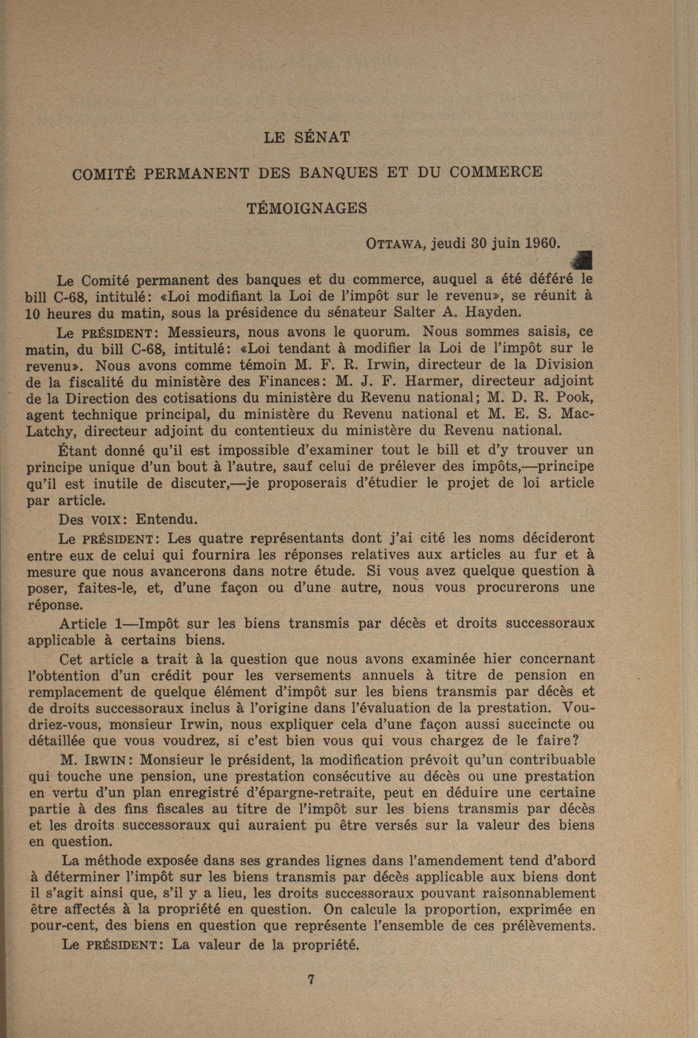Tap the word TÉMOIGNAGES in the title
click(307, 208)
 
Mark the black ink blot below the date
click(583, 260)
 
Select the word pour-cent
click(63, 926)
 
